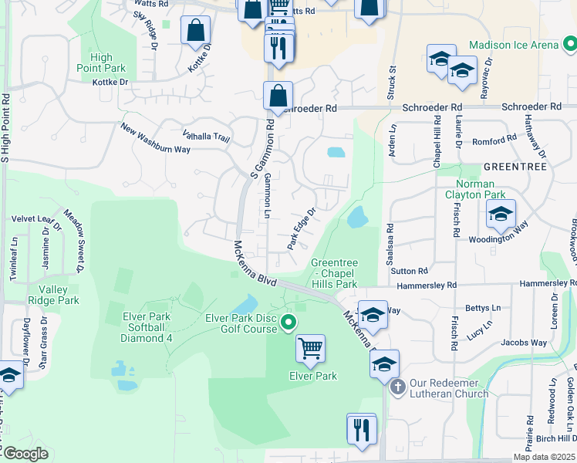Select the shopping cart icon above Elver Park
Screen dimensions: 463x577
click(310, 349)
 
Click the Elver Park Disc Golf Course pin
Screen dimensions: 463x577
click(288, 322)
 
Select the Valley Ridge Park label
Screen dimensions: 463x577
click(59, 295)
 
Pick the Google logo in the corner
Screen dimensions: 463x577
click(25, 454)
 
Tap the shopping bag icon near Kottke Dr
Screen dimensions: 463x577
click(196, 31)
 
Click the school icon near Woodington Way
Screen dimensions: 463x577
click(500, 214)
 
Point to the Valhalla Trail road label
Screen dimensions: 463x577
click(206, 136)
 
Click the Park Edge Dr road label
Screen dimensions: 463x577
click(302, 228)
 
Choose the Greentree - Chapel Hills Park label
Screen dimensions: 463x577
click(334, 273)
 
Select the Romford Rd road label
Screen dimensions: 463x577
click(494, 140)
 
